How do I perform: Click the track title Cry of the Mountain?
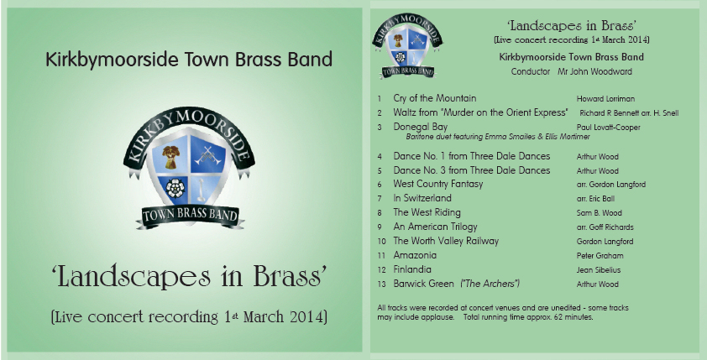click(435, 98)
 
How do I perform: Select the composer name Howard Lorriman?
click(605, 99)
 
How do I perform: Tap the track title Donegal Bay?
click(420, 127)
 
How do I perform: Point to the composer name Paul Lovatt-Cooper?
click(608, 128)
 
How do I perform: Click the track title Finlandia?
click(412, 269)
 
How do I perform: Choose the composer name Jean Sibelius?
click(599, 270)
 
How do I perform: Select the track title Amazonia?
click(415, 255)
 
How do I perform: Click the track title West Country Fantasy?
click(437, 184)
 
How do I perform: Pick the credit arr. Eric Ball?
click(595, 199)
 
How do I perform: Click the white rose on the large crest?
click(175, 188)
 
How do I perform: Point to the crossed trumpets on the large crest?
click(208, 155)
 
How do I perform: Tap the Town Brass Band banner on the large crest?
click(190, 216)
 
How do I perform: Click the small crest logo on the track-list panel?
click(407, 45)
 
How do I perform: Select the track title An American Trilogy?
click(435, 227)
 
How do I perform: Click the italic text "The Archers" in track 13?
click(490, 284)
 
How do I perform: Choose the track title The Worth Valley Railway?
click(446, 241)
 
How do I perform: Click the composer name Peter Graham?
click(600, 256)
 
